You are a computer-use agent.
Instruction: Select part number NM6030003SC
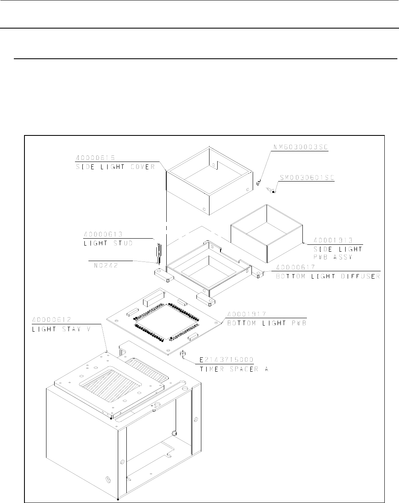[300, 147]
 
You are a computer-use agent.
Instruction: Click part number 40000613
[103, 234]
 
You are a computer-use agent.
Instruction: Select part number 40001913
[333, 240]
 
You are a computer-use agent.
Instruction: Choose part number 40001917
[246, 314]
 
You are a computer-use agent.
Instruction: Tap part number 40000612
[52, 320]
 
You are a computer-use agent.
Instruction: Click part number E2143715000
[226, 360]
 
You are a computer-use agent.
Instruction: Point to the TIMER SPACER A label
[234, 369]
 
